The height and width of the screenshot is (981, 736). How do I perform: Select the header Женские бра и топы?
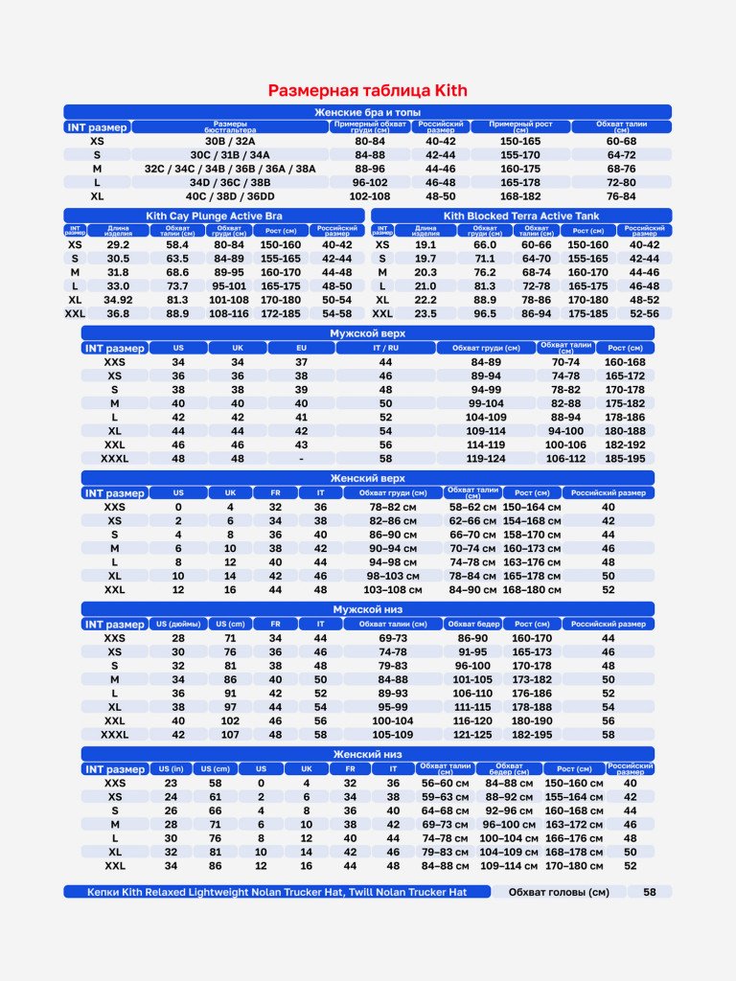click(368, 113)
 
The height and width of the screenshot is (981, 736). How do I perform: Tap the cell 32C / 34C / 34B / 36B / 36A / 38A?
click(230, 169)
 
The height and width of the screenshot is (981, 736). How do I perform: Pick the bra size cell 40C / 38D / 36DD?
click(230, 195)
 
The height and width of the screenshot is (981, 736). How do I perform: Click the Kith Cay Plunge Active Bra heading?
click(214, 217)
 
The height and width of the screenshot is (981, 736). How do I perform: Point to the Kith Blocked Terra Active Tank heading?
click(521, 217)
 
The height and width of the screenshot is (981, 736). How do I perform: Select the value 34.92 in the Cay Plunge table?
click(118, 300)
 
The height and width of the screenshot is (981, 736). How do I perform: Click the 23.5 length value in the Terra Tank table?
click(425, 313)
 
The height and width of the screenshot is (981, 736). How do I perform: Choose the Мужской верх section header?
click(368, 333)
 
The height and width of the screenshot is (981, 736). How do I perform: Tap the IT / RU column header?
click(385, 348)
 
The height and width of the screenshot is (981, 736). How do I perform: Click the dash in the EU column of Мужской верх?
click(301, 459)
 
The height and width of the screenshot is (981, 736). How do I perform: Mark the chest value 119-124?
click(486, 459)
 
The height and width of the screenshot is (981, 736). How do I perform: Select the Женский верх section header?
click(368, 478)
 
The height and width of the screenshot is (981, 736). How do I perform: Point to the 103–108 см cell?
click(393, 590)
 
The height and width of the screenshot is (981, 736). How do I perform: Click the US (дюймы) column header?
click(178, 624)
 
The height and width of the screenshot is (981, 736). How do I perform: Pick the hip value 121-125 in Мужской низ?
click(472, 735)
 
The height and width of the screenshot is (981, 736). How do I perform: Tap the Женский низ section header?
click(368, 755)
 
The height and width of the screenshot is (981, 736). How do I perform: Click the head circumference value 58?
click(650, 892)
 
